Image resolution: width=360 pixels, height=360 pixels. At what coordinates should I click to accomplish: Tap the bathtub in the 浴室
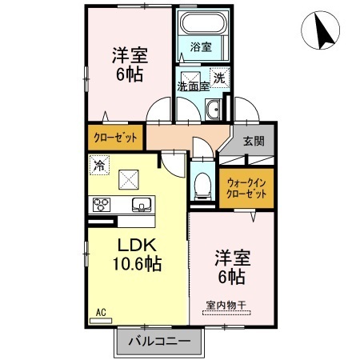(201, 26)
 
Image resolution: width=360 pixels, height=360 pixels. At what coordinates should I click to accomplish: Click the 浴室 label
(201, 47)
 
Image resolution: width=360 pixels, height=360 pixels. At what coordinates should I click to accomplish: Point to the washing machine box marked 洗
(220, 78)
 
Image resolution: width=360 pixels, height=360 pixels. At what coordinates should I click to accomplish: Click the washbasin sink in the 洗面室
(214, 110)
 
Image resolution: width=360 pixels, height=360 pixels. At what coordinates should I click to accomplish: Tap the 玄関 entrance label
(254, 142)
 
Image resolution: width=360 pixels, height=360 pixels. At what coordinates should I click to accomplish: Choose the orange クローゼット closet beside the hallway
(115, 137)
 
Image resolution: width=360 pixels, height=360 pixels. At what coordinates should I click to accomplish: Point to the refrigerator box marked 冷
(99, 166)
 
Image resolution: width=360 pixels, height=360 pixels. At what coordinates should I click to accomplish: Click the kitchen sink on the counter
(142, 203)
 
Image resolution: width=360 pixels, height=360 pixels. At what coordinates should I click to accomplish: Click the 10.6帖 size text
(137, 263)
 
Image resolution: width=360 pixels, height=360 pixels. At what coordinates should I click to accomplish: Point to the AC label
(101, 311)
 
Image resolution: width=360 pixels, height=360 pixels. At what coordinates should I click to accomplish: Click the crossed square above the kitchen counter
(128, 178)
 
